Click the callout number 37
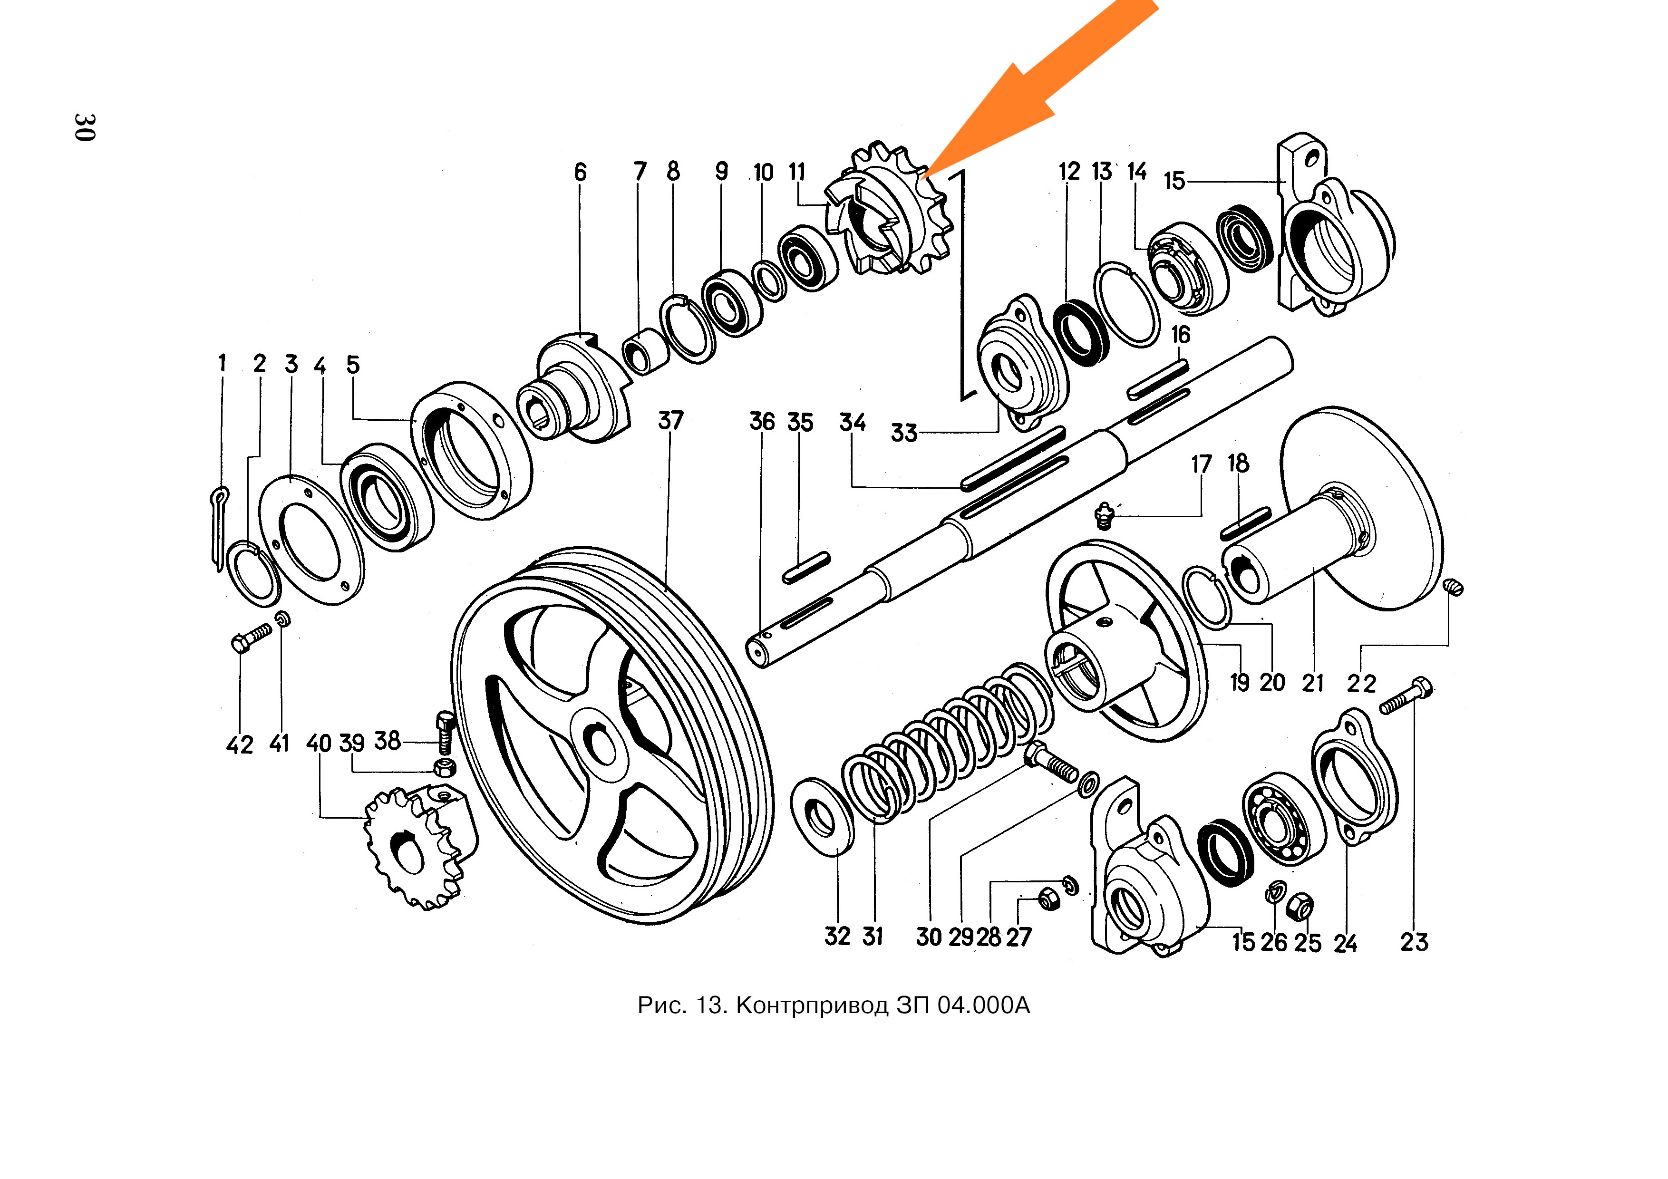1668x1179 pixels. [670, 421]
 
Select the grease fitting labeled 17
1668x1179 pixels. [1104, 516]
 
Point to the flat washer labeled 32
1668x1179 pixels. [822, 817]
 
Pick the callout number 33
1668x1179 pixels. [904, 433]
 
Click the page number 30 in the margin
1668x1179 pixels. [84, 128]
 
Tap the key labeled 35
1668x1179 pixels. [805, 567]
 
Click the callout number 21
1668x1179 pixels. [1312, 683]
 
